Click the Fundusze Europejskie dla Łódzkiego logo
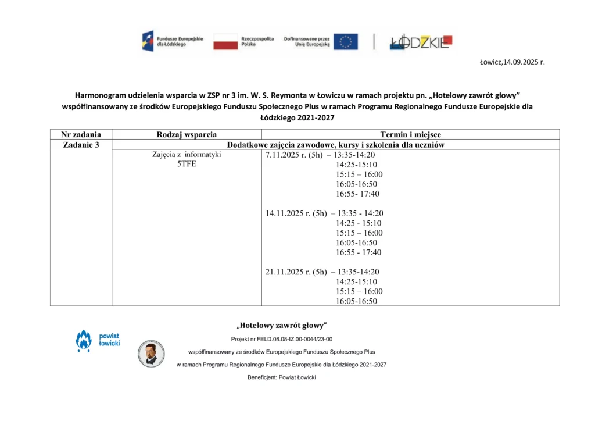[x=173, y=41]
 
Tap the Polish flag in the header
[x=225, y=42]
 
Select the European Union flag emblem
[x=345, y=42]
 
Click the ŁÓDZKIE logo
[x=421, y=42]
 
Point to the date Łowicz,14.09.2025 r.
[x=512, y=62]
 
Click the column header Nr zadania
[x=81, y=134]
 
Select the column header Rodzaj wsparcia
[x=187, y=134]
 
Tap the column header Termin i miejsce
[x=410, y=134]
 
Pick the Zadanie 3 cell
[x=81, y=145]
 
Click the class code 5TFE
[x=187, y=165]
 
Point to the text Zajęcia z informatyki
[x=187, y=155]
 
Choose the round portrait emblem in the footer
[x=151, y=354]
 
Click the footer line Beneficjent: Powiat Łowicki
[x=281, y=377]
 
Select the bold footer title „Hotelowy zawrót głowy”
[x=282, y=325]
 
